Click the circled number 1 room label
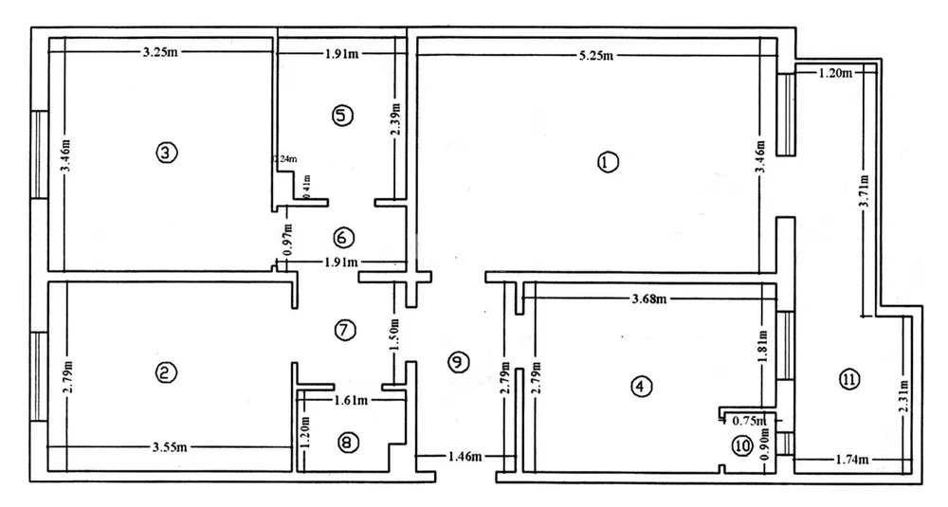pyautogui.click(x=608, y=162)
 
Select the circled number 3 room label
pyautogui.click(x=166, y=152)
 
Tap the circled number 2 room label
pyautogui.click(x=166, y=373)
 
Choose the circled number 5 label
pyautogui.click(x=342, y=116)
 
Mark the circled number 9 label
pyautogui.click(x=458, y=361)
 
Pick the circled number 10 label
pyautogui.click(x=742, y=445)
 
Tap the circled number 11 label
pyautogui.click(x=848, y=380)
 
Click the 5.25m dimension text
pyautogui.click(x=597, y=55)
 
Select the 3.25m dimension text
pyautogui.click(x=160, y=52)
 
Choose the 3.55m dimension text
pyautogui.click(x=170, y=446)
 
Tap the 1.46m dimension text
pyautogui.click(x=464, y=457)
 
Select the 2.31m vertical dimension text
pyautogui.click(x=904, y=399)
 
